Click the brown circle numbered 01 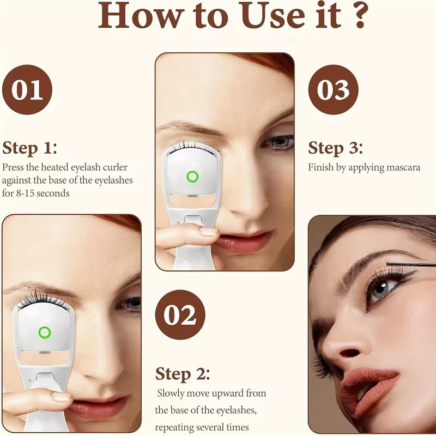pyautogui.click(x=27, y=90)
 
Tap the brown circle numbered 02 pyautogui.click(x=180, y=315)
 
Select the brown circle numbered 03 pyautogui.click(x=333, y=90)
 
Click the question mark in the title pyautogui.click(x=358, y=16)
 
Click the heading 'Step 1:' pyautogui.click(x=30, y=148)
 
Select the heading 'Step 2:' pyautogui.click(x=183, y=374)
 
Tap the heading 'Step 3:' pyautogui.click(x=336, y=148)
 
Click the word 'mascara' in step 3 pyautogui.click(x=401, y=167)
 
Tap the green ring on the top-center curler pyautogui.click(x=192, y=177)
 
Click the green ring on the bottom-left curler pyautogui.click(x=44, y=332)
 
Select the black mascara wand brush pyautogui.click(x=410, y=264)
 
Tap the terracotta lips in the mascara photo pyautogui.click(x=372, y=384)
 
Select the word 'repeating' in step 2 pyautogui.click(x=175, y=427)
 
